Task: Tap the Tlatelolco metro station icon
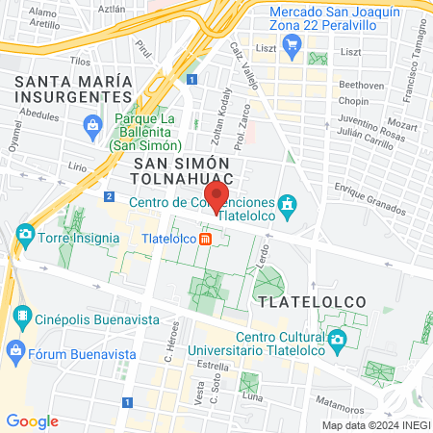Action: click(x=205, y=240)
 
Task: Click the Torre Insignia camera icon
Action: click(x=25, y=234)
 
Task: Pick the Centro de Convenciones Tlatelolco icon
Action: click(x=287, y=204)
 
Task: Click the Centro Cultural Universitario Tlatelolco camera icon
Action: click(x=337, y=339)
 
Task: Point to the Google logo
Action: click(x=32, y=421)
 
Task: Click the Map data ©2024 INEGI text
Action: click(x=374, y=424)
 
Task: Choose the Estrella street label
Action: click(x=213, y=366)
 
